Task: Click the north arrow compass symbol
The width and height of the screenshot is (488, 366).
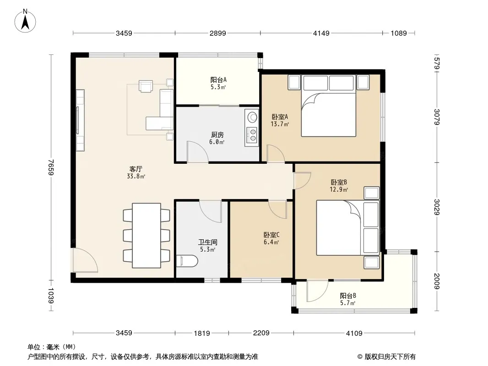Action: click(25, 21)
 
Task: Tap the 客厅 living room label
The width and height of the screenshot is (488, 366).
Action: click(136, 169)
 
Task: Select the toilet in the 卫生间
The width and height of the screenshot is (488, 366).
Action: click(187, 261)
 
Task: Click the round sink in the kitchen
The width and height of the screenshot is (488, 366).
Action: click(252, 117)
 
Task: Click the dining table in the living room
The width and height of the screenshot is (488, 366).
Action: click(146, 236)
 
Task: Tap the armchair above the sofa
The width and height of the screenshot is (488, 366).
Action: click(146, 86)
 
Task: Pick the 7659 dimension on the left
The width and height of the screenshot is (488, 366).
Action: click(51, 167)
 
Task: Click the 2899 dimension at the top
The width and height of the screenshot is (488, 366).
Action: click(217, 33)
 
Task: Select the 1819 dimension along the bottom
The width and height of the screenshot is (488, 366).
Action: click(202, 334)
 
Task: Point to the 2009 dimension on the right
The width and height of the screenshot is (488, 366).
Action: click(436, 281)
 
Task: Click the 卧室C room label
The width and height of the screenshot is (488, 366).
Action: click(271, 235)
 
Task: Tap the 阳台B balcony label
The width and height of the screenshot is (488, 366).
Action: click(348, 296)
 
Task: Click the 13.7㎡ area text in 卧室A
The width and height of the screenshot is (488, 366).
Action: click(280, 124)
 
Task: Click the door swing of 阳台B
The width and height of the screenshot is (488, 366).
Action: click(317, 291)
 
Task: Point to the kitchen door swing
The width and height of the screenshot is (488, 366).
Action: click(198, 152)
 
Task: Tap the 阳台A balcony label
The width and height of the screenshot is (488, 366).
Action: click(218, 80)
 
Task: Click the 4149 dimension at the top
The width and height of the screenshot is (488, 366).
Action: click(321, 33)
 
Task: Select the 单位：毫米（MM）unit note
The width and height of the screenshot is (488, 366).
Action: click(52, 347)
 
